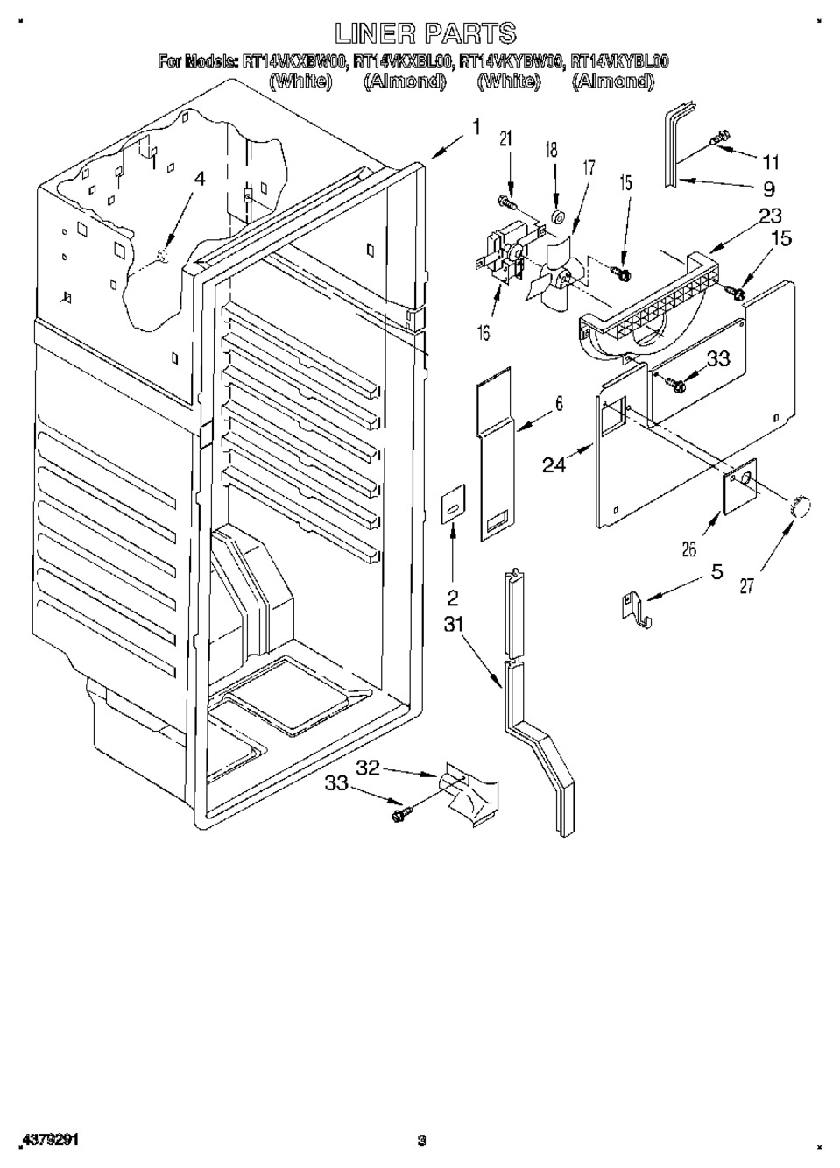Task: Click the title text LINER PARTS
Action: (426, 33)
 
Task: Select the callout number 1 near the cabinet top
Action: (476, 128)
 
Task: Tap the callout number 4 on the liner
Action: (200, 179)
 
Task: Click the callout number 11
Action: (770, 162)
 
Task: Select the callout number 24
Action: (554, 465)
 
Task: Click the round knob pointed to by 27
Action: (801, 506)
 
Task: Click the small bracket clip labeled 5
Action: (636, 606)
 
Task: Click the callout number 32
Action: (368, 768)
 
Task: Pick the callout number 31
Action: (453, 626)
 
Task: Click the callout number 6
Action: (559, 404)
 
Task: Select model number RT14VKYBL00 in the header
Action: (619, 61)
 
